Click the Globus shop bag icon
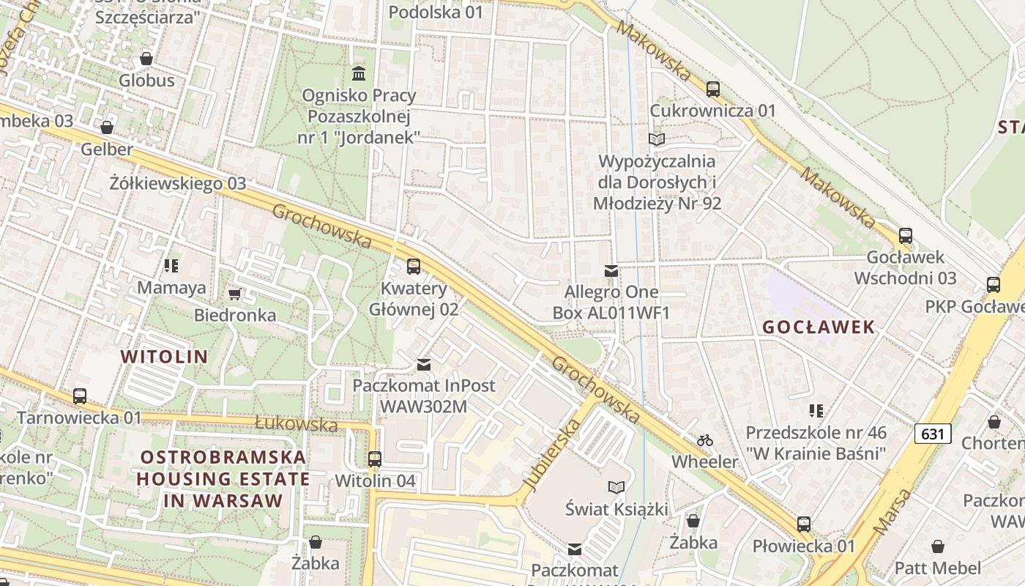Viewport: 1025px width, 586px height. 146,59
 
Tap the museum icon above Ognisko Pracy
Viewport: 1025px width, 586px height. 359,73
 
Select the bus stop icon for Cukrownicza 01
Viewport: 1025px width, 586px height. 713,89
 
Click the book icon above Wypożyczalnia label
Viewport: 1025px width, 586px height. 656,139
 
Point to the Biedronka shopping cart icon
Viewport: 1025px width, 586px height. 234,294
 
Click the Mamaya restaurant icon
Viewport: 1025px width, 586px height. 171,265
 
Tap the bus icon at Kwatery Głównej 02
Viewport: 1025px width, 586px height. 414,267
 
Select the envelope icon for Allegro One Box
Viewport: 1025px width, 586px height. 611,271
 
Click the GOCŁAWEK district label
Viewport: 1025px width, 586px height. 819,327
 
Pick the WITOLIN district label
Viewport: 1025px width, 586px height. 164,357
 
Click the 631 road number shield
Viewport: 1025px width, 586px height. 933,434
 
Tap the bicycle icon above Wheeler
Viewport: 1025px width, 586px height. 705,440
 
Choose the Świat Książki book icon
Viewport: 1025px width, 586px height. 616,487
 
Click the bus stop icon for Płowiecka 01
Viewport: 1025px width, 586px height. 804,524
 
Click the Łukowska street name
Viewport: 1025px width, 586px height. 297,423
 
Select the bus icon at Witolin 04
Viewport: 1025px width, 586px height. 375,459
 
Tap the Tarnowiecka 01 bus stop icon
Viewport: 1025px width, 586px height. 80,396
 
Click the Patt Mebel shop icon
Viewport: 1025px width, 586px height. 937,546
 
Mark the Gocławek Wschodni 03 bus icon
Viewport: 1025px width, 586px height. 906,236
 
